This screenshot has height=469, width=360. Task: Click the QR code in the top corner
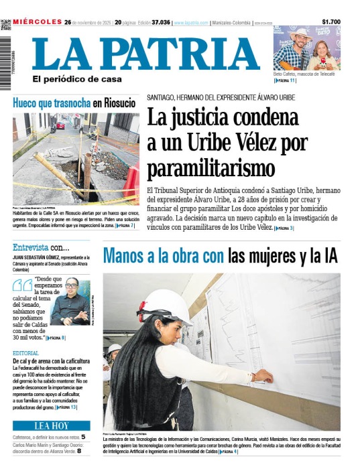6,25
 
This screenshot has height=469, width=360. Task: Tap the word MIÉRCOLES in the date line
36,22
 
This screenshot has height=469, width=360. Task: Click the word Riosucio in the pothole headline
118,103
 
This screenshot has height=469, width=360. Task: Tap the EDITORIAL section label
25,353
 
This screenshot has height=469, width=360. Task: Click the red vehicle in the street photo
60,125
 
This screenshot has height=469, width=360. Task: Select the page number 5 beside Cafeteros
83,437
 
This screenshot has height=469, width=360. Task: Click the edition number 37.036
160,22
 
